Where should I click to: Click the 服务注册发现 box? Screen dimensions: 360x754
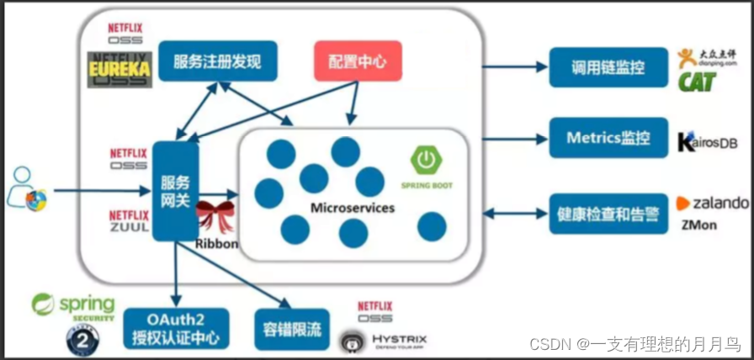[218, 61]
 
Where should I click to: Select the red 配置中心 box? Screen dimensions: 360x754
[358, 61]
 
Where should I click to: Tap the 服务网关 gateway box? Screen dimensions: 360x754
[176, 192]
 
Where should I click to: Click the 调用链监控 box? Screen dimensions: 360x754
[597, 67]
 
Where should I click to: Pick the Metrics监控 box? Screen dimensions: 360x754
[597, 137]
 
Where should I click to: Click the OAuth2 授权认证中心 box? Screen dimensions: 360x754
[176, 329]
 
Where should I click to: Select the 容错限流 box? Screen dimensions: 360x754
[288, 329]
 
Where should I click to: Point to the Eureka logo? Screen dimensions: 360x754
[119, 69]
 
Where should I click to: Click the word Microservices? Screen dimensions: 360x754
[353, 207]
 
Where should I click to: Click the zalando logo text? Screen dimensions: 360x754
[713, 203]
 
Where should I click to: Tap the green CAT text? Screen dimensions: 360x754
[697, 81]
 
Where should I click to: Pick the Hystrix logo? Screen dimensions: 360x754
[375, 341]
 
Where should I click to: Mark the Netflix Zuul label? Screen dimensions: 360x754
[128, 221]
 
